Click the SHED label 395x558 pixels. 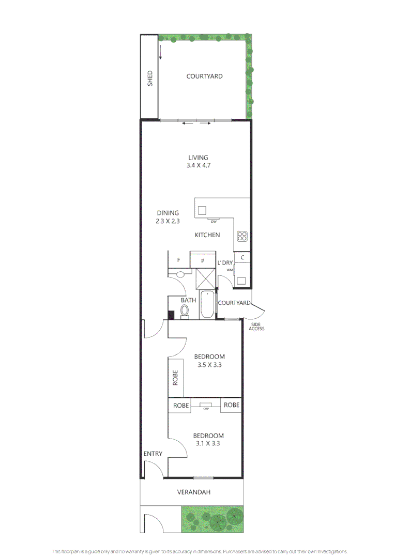[150, 79]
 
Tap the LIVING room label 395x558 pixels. [199, 157]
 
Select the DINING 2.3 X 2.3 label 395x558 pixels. [168, 216]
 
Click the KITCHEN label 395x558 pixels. [207, 235]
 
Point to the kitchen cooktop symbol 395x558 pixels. [242, 236]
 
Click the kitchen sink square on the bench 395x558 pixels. [202, 210]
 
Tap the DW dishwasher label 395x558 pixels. [214, 222]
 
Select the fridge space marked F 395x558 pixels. [179, 260]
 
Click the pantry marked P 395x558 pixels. [203, 260]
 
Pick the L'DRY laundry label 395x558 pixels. [225, 262]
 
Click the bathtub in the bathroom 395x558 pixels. [207, 305]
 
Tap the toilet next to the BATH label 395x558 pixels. [185, 312]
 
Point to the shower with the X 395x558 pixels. [206, 278]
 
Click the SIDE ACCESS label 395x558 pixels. [256, 327]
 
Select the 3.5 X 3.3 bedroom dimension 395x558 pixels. [209, 365]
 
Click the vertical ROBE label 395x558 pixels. [175, 378]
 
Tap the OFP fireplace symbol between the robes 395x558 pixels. [206, 405]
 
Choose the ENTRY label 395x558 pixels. [153, 454]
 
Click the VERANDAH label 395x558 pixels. [194, 492]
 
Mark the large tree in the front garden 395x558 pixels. [217, 522]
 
